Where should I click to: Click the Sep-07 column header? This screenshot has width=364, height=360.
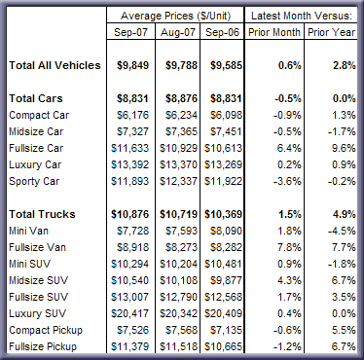130,32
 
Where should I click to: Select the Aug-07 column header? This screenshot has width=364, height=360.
178,32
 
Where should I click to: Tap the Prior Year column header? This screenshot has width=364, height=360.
331,32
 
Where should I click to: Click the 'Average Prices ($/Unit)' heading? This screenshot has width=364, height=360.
175,16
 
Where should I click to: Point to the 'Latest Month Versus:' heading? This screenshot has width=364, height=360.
302,16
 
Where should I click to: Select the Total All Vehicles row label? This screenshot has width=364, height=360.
55,65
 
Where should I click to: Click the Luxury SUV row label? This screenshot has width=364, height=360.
37,313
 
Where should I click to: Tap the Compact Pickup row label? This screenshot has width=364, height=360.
46,330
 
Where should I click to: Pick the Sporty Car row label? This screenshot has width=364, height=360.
34,181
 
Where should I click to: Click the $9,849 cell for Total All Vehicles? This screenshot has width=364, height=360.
132,65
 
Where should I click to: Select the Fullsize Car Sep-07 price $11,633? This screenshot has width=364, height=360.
129,148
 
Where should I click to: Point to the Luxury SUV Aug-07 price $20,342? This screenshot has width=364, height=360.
178,313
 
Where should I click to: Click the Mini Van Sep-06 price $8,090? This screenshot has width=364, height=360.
226,231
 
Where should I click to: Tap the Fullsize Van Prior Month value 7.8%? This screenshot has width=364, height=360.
289,247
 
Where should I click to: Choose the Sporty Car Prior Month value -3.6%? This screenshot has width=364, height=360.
287,181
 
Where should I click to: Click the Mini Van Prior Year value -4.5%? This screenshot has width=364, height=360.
342,231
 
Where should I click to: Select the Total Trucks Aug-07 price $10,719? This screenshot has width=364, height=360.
178,214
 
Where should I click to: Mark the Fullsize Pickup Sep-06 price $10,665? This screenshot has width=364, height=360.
223,346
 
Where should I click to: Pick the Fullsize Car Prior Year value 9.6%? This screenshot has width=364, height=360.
344,148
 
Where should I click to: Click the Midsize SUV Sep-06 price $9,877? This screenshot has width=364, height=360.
226,280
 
